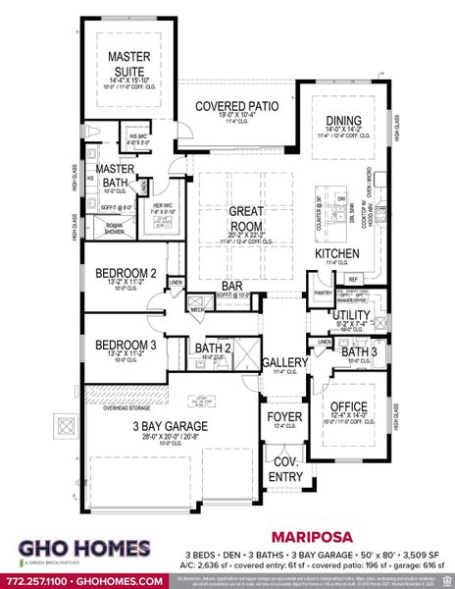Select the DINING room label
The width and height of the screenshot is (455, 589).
(x=343, y=124)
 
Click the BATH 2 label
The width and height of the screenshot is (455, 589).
(x=212, y=348)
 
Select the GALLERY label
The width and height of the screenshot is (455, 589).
(x=284, y=363)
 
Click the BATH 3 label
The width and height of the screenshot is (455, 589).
(x=359, y=351)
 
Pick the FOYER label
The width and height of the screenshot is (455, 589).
(x=284, y=417)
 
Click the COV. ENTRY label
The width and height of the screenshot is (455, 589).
(x=286, y=469)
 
